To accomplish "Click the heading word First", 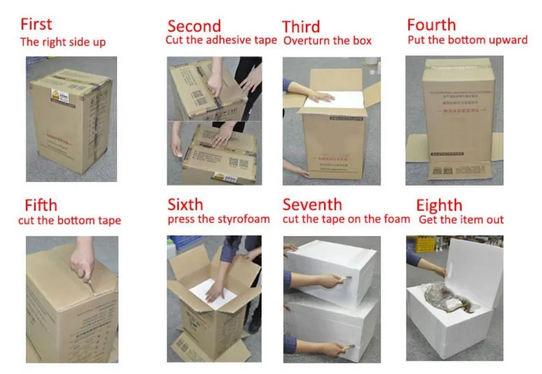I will [x=36, y=24].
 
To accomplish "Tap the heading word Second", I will [x=194, y=26].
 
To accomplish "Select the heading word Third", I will [x=301, y=26].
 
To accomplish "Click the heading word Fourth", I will [x=431, y=25].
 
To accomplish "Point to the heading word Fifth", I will [x=41, y=205].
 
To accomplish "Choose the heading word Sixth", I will [x=185, y=204].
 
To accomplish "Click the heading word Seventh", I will [x=312, y=204].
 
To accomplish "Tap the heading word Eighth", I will [x=439, y=205].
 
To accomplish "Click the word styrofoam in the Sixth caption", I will [x=242, y=220].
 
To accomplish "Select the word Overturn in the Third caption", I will [x=304, y=41].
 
